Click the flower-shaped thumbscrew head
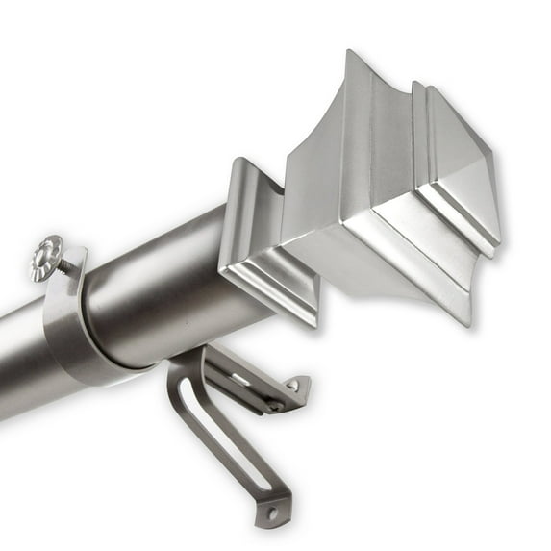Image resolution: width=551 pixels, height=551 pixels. [45, 258]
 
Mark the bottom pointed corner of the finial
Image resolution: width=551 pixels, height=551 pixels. [469, 322]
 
